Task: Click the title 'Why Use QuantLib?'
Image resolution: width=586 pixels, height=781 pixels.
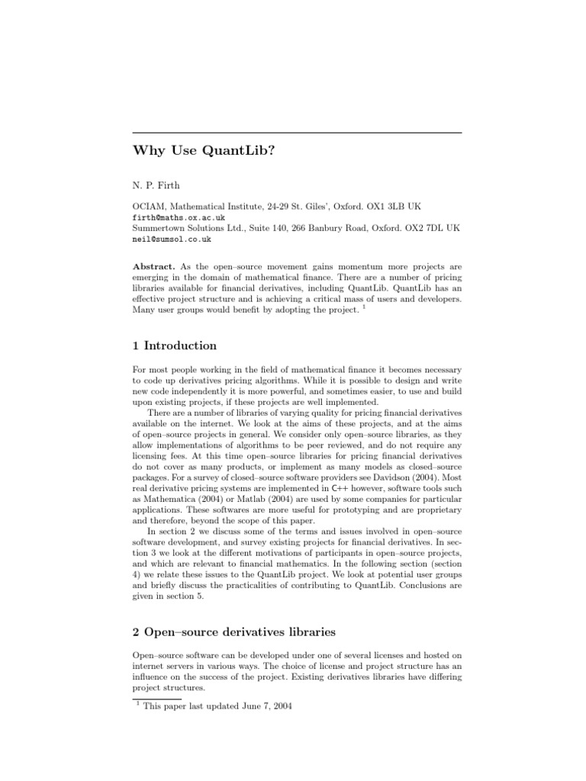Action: tap(204, 150)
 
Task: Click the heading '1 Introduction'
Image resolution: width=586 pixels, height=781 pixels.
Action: tap(175, 346)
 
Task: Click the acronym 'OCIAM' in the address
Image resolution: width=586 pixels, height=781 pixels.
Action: tap(148, 207)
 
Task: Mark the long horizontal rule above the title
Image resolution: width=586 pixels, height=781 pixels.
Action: tap(297, 133)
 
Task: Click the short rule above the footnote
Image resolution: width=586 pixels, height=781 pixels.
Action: tap(156, 697)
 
